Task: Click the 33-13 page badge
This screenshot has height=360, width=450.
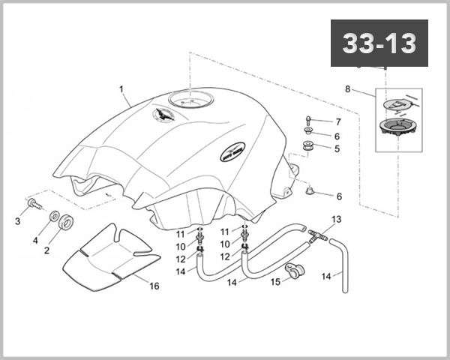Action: coord(379,43)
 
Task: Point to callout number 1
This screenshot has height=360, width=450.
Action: coord(121,89)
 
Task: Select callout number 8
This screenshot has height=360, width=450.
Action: coord(347,90)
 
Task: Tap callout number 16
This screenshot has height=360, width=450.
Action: coord(154,286)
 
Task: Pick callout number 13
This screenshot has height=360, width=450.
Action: coord(336,219)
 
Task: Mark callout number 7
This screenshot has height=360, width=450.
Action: coord(337,121)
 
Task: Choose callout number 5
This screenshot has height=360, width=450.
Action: coord(337,148)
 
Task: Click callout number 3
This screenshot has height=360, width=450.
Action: coord(17,221)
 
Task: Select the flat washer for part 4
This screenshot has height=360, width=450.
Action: coord(55,217)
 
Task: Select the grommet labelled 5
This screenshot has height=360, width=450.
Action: coord(307,146)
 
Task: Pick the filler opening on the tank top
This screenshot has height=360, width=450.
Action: coord(190,99)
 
